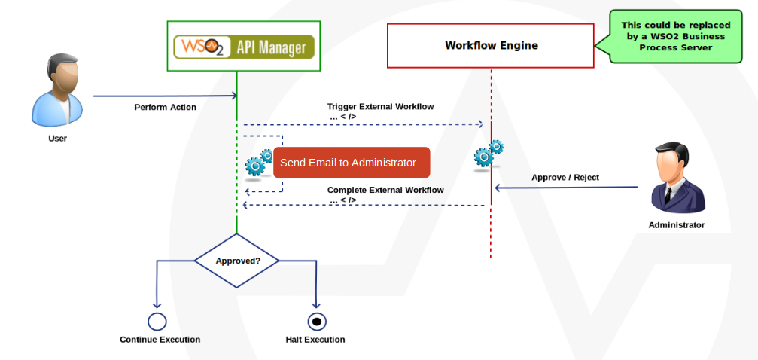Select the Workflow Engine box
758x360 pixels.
(x=491, y=46)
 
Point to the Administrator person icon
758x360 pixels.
(x=676, y=180)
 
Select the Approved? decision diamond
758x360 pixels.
(x=237, y=261)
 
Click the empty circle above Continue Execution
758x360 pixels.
(x=157, y=322)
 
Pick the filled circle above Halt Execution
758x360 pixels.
(x=316, y=322)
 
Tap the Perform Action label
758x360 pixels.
(x=165, y=107)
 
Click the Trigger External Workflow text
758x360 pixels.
(x=380, y=106)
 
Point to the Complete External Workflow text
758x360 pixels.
(x=385, y=190)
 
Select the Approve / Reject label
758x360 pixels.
(x=565, y=178)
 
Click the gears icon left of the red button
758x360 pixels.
(x=259, y=164)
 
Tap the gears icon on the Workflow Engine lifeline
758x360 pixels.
(x=488, y=155)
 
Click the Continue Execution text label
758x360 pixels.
(x=160, y=340)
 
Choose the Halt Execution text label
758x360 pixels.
(x=315, y=340)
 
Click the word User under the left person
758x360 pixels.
(x=57, y=139)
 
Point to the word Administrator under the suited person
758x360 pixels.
(x=676, y=225)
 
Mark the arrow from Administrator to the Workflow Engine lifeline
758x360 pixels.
(x=565, y=188)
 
